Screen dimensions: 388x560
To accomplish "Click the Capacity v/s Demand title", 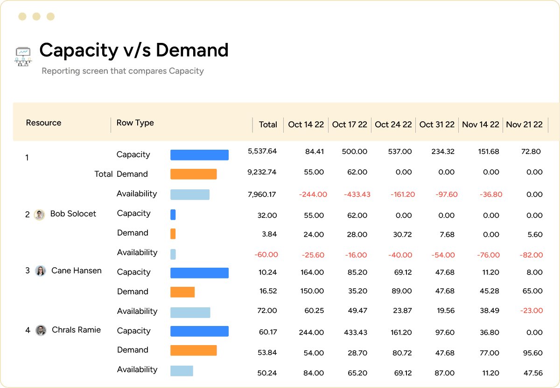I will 134,50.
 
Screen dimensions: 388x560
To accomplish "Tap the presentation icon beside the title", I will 23,56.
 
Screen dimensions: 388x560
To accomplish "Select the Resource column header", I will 43,123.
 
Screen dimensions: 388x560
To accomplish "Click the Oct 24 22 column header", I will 393,125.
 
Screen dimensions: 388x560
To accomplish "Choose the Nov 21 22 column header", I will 524,125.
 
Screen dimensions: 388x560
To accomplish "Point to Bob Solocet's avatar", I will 40,215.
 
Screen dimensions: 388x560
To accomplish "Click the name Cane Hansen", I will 76,270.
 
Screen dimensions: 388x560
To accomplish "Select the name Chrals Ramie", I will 76,330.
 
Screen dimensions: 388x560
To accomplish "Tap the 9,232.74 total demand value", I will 262,172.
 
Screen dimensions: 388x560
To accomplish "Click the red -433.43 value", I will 357,194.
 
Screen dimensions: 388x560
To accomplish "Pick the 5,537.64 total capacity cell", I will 262,151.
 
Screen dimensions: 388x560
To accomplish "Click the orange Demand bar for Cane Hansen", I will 182,292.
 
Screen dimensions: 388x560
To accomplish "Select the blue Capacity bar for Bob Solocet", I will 173,215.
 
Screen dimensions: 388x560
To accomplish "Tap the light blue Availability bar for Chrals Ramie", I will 182,371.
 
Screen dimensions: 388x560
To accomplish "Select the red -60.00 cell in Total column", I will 266,255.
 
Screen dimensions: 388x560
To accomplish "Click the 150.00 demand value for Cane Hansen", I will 313,291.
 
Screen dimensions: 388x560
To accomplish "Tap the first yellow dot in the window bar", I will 22,17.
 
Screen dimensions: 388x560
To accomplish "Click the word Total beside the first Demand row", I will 104,174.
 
